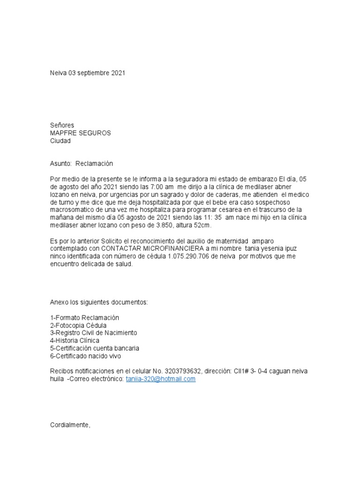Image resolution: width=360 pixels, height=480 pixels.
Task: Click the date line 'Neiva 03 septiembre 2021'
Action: (x=88, y=74)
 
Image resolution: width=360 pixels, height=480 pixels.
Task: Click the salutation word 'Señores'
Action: (x=62, y=125)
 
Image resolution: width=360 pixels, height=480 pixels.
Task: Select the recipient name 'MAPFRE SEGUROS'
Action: (x=80, y=133)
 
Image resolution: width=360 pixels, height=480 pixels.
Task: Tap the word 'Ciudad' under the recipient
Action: (x=60, y=141)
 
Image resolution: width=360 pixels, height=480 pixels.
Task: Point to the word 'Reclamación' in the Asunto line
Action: (x=97, y=164)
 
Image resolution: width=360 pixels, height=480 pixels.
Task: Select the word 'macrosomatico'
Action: (x=71, y=210)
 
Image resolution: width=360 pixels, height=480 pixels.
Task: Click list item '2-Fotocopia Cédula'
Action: (x=78, y=325)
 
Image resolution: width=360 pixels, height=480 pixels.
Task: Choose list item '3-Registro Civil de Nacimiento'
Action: (x=93, y=333)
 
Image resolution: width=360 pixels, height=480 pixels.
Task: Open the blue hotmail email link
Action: (x=160, y=379)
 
